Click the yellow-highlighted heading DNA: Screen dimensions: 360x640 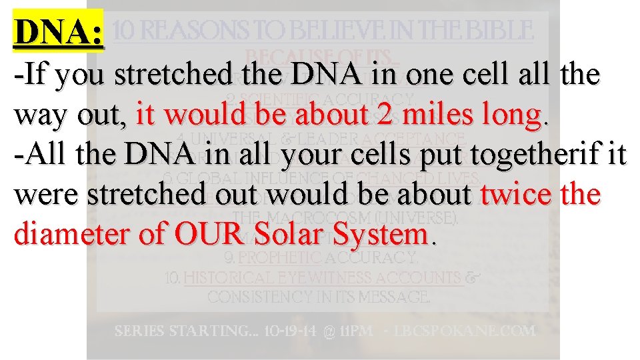click(59, 31)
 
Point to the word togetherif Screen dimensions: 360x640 click(529, 155)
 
